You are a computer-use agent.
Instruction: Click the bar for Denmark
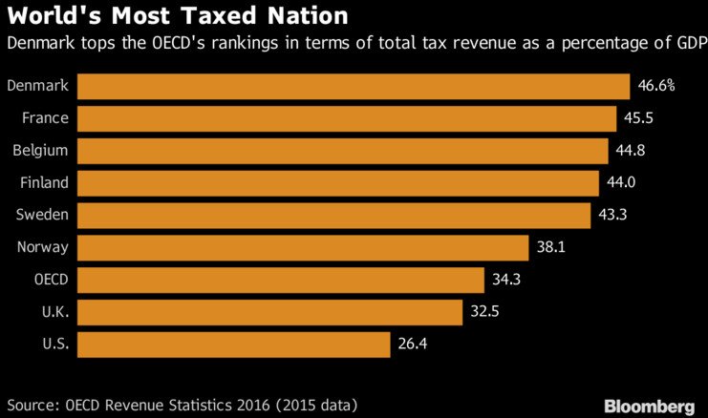(x=354, y=86)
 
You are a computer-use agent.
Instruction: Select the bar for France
(x=347, y=118)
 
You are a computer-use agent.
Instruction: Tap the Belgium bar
(x=342, y=151)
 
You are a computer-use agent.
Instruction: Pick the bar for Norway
(x=303, y=248)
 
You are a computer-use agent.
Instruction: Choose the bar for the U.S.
(x=233, y=345)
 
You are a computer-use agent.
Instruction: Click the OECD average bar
(x=281, y=281)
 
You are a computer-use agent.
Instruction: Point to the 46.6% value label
(x=656, y=86)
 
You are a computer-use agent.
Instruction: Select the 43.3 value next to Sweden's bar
(x=612, y=216)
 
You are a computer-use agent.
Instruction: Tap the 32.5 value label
(x=484, y=312)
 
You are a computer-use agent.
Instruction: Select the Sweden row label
(x=41, y=216)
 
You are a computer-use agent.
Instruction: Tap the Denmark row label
(x=37, y=86)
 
